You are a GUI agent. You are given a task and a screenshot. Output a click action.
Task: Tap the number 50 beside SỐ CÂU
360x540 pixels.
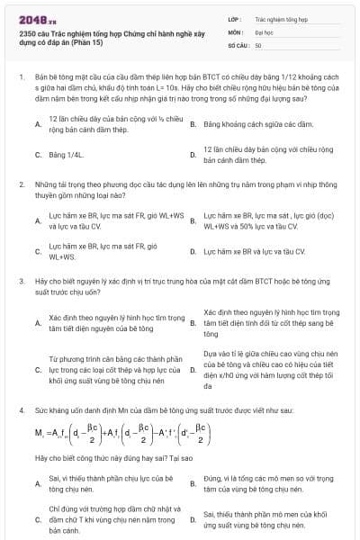(x=258, y=44)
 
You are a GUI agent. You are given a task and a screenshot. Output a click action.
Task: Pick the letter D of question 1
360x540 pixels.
(x=193, y=154)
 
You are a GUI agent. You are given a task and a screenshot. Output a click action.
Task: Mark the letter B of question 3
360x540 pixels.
(x=193, y=322)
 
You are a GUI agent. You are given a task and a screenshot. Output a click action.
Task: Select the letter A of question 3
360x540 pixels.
(x=38, y=322)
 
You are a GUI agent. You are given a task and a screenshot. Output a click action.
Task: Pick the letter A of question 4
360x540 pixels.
(x=38, y=483)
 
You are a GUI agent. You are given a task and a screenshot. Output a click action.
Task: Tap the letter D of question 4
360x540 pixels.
(x=193, y=519)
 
